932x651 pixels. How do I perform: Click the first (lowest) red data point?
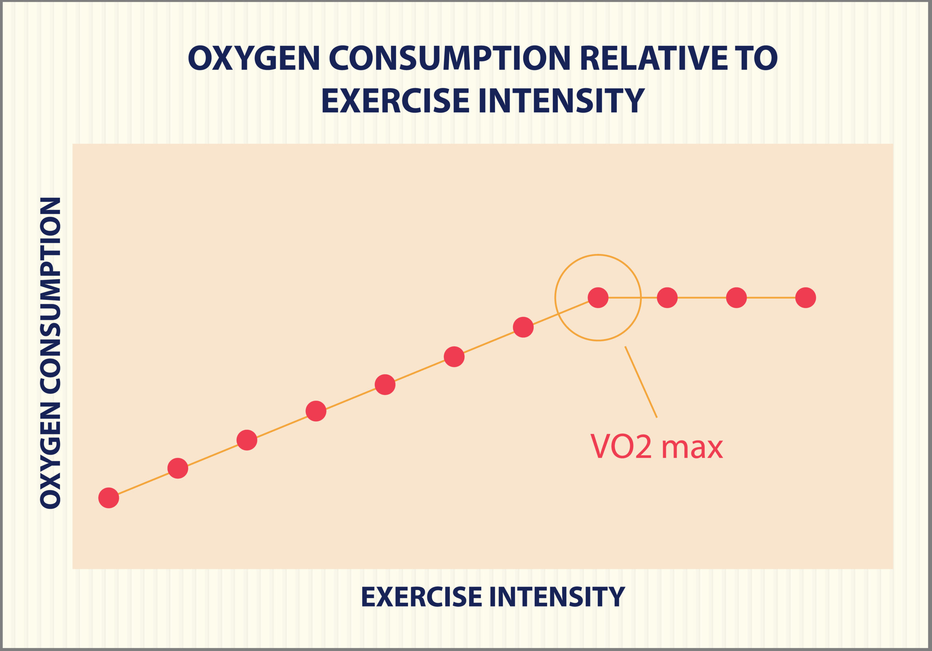point(108,498)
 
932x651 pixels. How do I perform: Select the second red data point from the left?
point(178,468)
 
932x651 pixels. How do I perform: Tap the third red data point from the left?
point(247,440)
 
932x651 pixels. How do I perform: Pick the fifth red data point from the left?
point(385,385)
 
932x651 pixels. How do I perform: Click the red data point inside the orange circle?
point(598,298)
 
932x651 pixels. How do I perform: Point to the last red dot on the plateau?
point(806,298)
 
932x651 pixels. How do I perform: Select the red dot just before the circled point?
point(523,327)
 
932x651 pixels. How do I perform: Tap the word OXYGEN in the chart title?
point(254,58)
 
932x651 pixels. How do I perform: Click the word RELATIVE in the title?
point(654,58)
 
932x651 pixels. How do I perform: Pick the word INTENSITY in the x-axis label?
point(557,597)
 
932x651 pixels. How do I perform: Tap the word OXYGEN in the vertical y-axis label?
point(51,456)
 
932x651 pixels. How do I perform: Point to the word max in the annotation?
point(692,448)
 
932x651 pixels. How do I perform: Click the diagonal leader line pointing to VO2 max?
point(641,382)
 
